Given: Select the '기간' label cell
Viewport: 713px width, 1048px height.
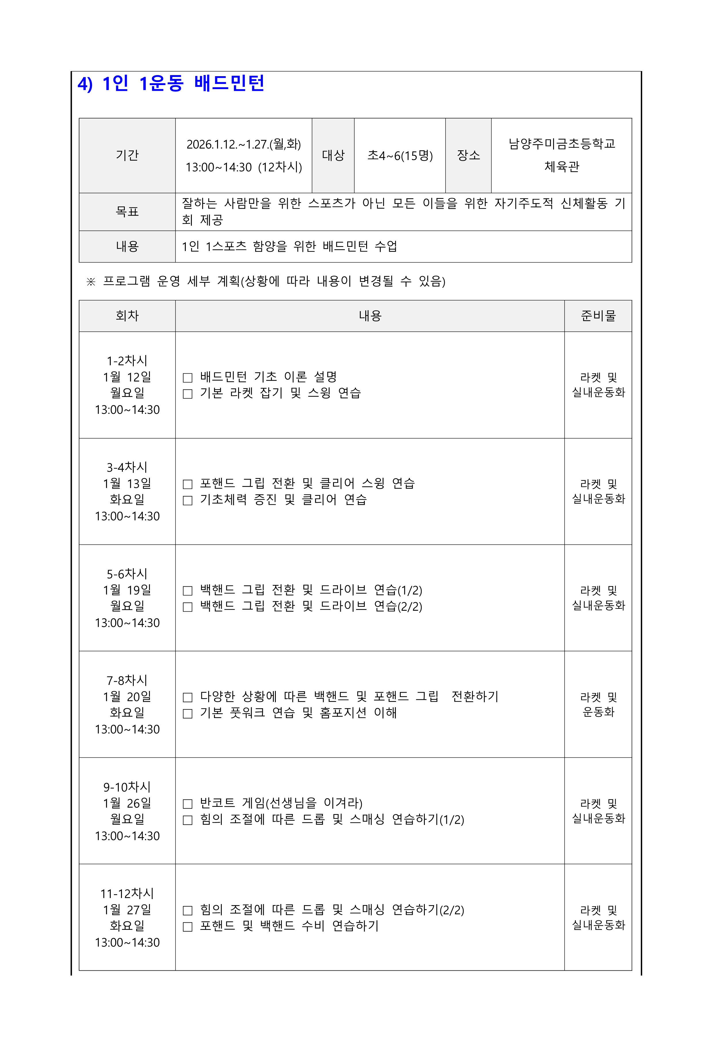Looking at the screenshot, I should [127, 156].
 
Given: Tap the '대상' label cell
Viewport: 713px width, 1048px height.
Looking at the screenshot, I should [333, 156].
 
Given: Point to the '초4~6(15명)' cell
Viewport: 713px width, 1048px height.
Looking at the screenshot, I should [400, 156].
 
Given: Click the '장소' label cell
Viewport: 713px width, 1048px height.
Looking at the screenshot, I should [469, 156].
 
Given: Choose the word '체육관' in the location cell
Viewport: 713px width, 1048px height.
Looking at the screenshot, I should [561, 167].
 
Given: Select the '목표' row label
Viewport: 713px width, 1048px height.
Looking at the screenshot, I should [127, 212].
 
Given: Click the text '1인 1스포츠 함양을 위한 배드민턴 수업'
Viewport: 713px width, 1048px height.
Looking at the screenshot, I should [289, 246].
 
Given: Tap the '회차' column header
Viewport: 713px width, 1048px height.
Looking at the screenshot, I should [127, 316].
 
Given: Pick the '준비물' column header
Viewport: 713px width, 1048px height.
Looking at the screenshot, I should [598, 316].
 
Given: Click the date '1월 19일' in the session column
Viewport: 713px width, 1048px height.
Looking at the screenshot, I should [127, 590].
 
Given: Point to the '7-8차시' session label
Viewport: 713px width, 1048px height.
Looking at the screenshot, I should [127, 680].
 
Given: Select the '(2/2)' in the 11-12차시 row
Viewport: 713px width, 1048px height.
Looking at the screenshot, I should [452, 910].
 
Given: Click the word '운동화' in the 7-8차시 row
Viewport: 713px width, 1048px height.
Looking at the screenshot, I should [598, 712].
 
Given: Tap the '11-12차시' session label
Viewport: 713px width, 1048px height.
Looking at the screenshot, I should [127, 893].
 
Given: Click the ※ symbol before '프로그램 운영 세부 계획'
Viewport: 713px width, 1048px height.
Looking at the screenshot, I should [91, 282].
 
